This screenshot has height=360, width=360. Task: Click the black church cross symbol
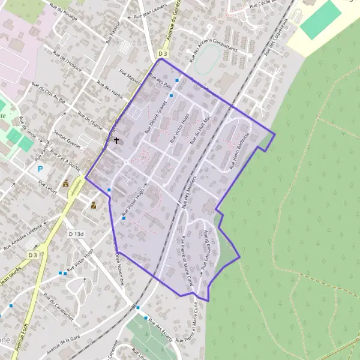pos(116,142)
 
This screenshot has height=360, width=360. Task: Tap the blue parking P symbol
pos(41,169)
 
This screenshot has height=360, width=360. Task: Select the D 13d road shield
pos(76,233)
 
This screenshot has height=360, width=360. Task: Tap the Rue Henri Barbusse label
pos(239,146)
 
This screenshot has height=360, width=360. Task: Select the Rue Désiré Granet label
pos(158,115)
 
